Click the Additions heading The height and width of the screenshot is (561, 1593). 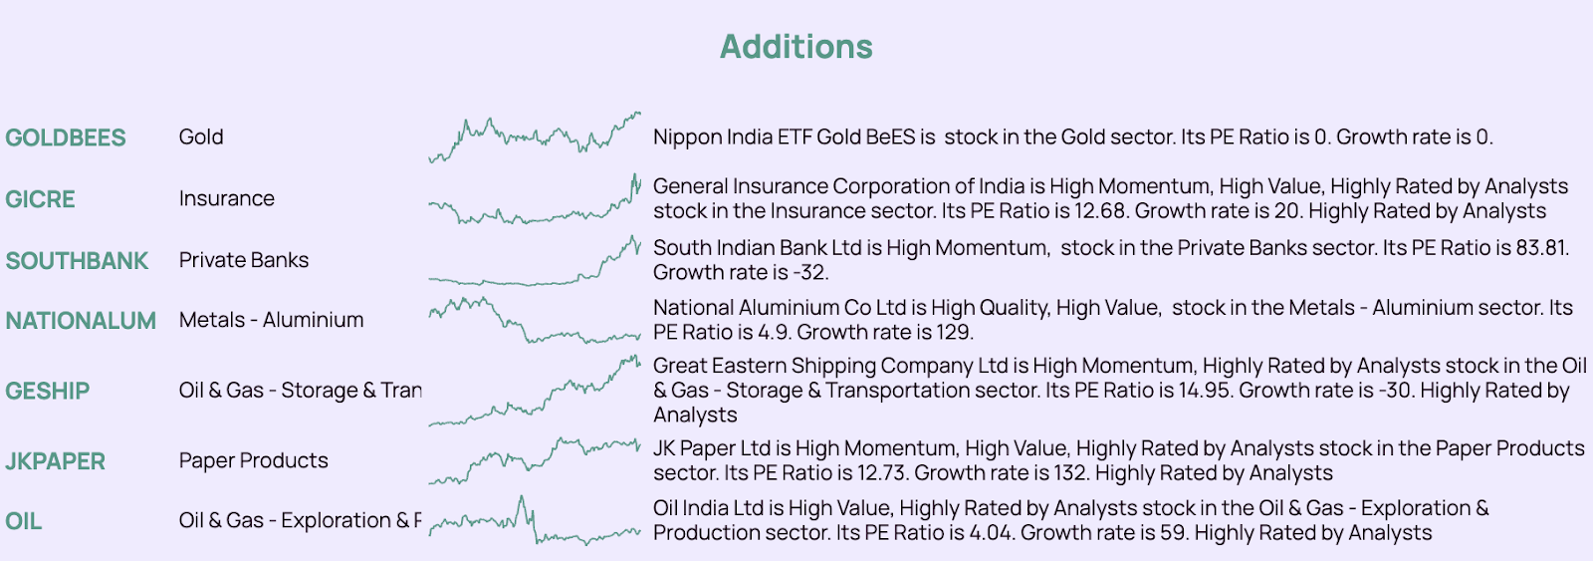click(x=796, y=47)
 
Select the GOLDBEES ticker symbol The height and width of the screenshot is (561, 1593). click(x=66, y=138)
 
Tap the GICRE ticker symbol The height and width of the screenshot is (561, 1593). click(x=40, y=199)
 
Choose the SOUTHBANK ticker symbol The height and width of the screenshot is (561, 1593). click(x=77, y=261)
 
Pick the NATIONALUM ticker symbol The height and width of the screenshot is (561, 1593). click(x=81, y=321)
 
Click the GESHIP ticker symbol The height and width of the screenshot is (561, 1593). click(x=48, y=391)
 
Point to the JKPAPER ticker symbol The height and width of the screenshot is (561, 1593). click(x=56, y=461)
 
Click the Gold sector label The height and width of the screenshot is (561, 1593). click(x=201, y=137)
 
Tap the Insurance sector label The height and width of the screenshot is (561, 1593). click(x=227, y=198)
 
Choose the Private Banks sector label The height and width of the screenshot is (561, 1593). click(x=244, y=260)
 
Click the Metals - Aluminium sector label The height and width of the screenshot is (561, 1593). click(x=271, y=320)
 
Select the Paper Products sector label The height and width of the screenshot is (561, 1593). click(x=254, y=460)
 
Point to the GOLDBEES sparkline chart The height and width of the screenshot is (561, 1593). click(x=534, y=138)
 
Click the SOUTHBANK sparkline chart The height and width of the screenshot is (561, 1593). click(x=534, y=260)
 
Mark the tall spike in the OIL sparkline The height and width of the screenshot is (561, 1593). click(x=522, y=497)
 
